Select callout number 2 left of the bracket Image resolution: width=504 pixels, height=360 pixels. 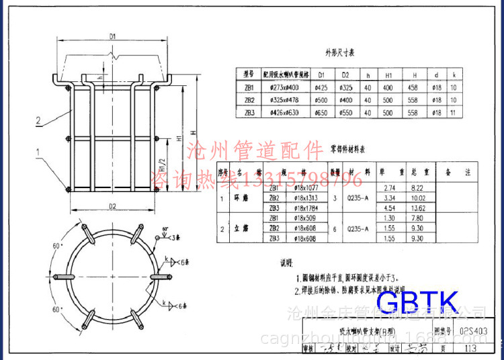pos(39,121)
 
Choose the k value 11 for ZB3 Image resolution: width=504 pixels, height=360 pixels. pos(454,112)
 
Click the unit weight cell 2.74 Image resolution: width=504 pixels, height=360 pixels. pos(388,189)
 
